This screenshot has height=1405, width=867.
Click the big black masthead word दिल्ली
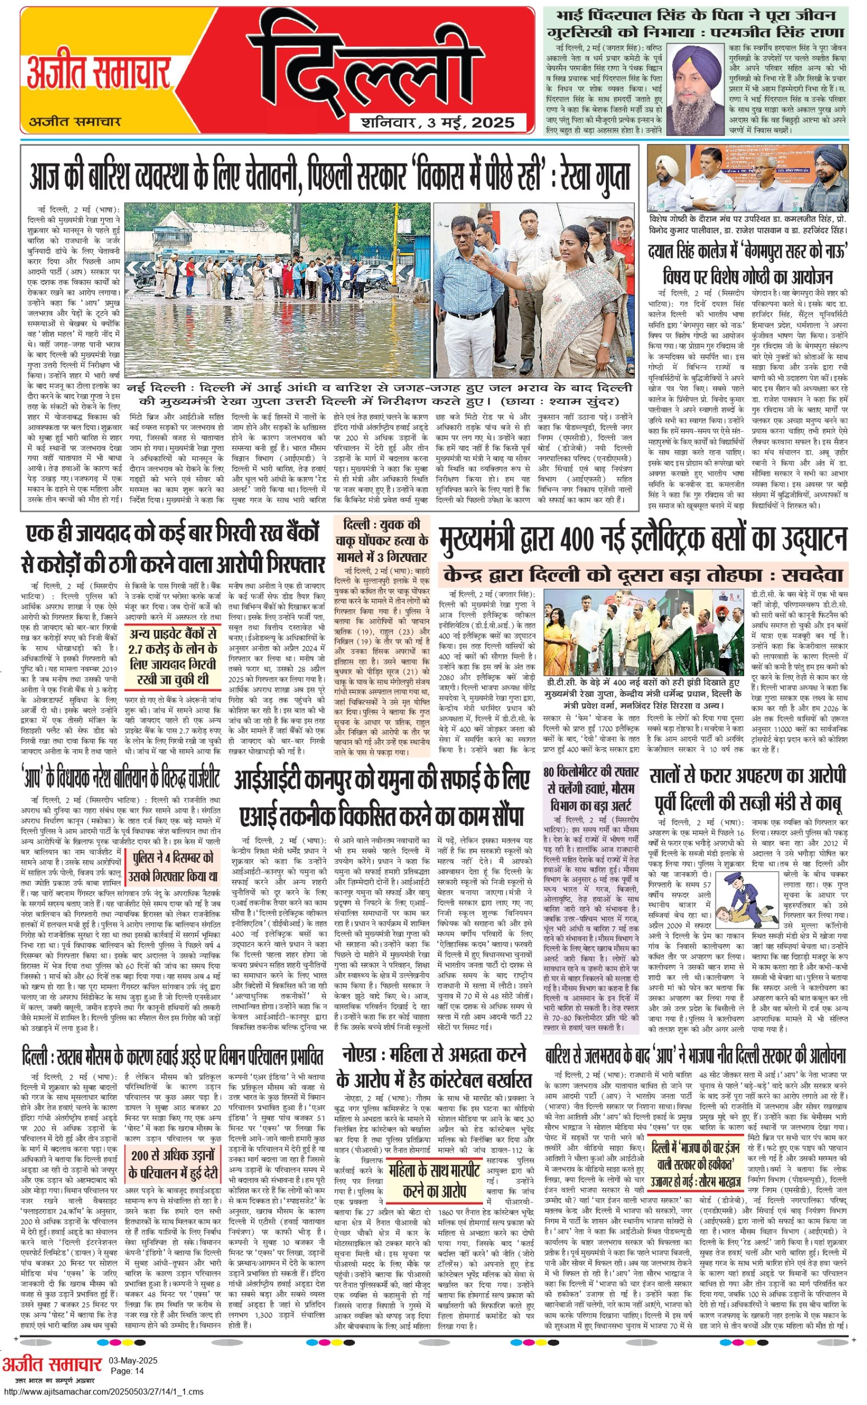[367, 63]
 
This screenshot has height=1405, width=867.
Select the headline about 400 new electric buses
[643, 538]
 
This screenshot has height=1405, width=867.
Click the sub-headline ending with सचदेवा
[643, 574]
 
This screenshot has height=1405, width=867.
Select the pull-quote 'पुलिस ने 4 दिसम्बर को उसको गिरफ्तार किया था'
[173, 867]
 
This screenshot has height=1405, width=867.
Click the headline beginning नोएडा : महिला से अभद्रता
[434, 1067]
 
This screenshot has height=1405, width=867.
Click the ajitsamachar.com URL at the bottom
[103, 1392]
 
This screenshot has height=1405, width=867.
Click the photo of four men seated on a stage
[748, 178]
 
